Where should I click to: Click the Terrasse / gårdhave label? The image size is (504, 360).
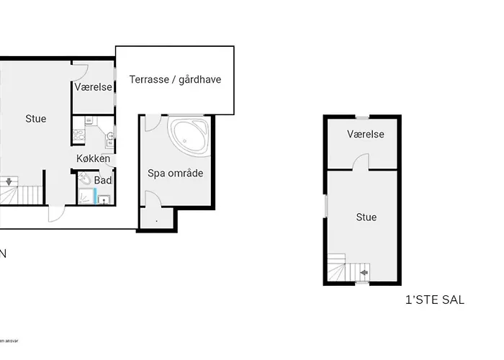click(175, 80)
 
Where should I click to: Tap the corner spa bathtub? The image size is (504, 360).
click(189, 137)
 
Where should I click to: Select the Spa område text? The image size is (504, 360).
click(176, 174)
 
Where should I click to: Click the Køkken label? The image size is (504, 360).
click(94, 158)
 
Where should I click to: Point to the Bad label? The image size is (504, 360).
click(103, 179)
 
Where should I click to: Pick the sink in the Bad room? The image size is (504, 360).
click(106, 199)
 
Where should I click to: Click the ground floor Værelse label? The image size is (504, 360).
click(93, 87)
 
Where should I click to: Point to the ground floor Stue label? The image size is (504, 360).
click(35, 119)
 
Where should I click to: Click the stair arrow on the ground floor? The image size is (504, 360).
click(9, 182)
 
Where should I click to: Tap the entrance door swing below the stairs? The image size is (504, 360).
click(55, 214)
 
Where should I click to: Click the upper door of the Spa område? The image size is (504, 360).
click(151, 122)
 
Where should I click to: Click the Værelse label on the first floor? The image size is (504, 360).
click(365, 135)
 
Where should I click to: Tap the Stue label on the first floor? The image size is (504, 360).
click(366, 217)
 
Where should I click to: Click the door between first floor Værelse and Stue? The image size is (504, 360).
click(364, 162)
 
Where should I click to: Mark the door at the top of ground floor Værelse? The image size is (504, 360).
click(80, 71)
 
